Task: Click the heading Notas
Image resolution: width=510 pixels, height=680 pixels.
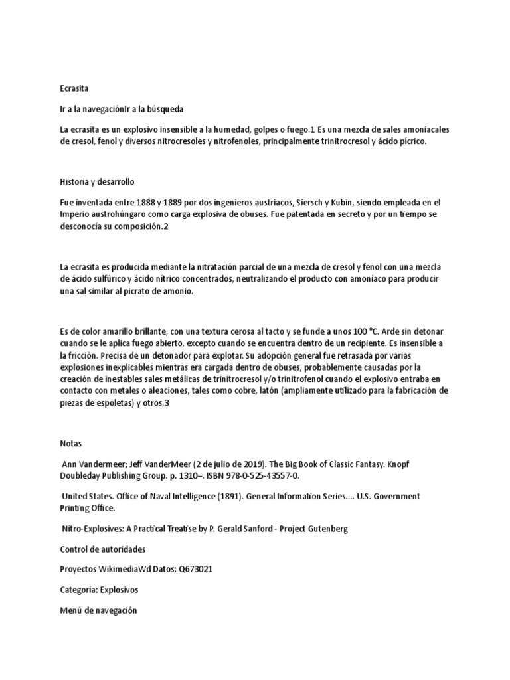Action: click(x=71, y=443)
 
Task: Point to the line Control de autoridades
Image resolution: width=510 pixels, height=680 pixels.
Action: click(x=103, y=549)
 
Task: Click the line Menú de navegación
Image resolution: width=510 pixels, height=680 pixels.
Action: click(x=98, y=610)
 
